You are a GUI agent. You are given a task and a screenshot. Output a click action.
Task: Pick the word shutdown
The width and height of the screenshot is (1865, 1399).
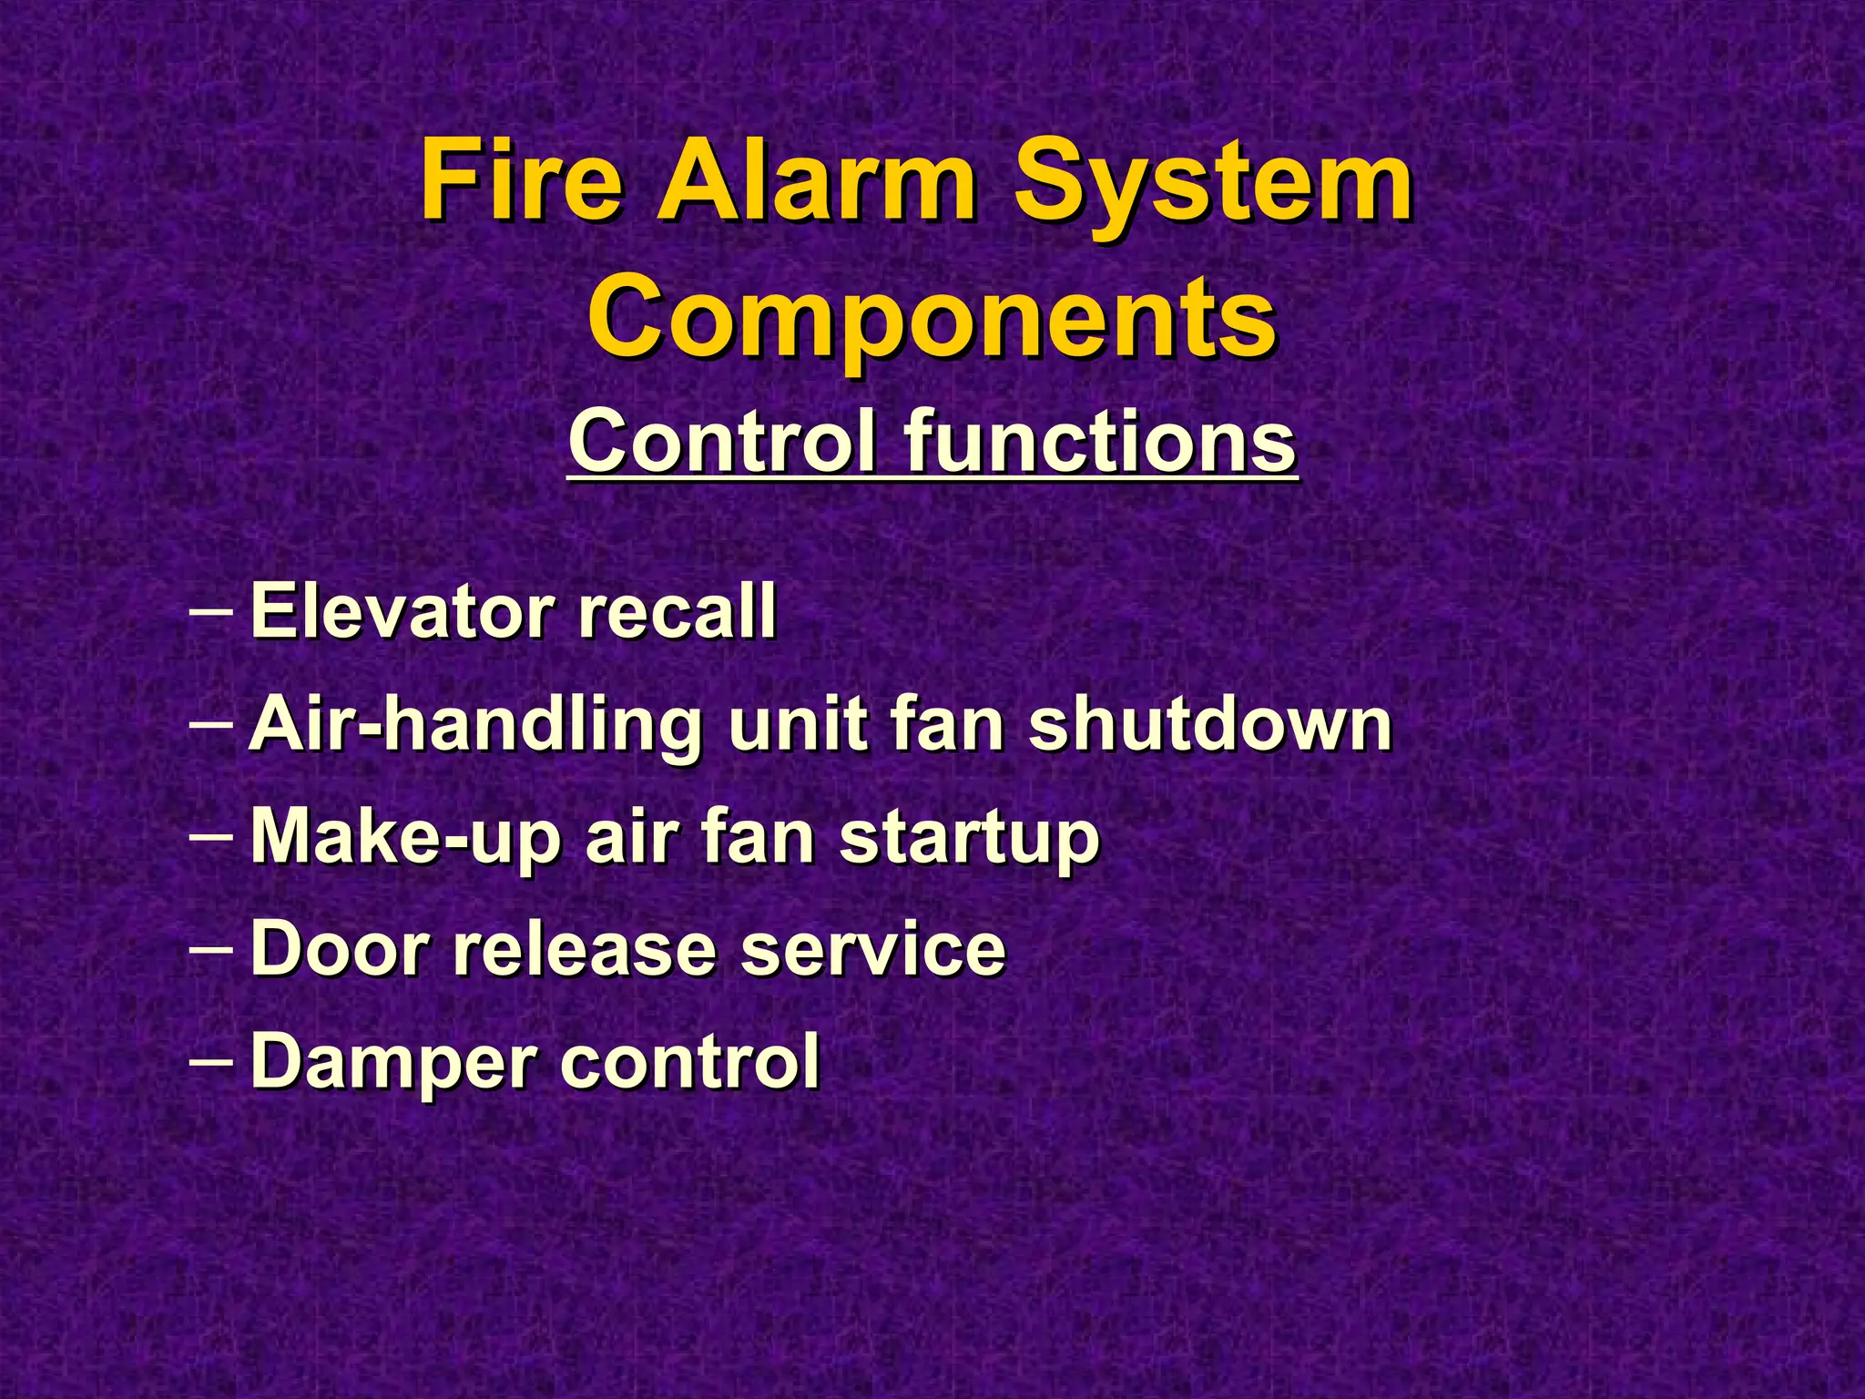coord(1210,725)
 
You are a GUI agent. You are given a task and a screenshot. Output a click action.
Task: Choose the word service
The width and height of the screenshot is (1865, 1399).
coord(871,948)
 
